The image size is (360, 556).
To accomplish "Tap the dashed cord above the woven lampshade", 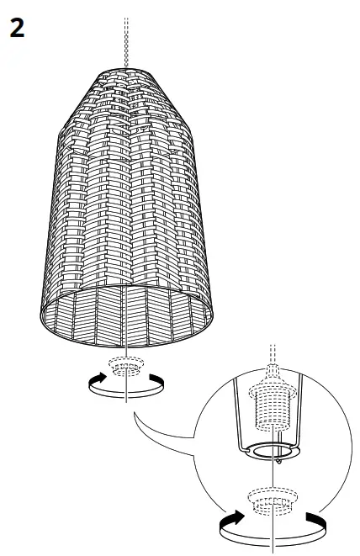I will point(125,38).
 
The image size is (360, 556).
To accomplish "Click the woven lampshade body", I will point(126,210).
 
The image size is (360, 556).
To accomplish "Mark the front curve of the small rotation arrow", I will point(125,393).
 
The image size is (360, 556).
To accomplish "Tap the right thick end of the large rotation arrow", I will point(315,522).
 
